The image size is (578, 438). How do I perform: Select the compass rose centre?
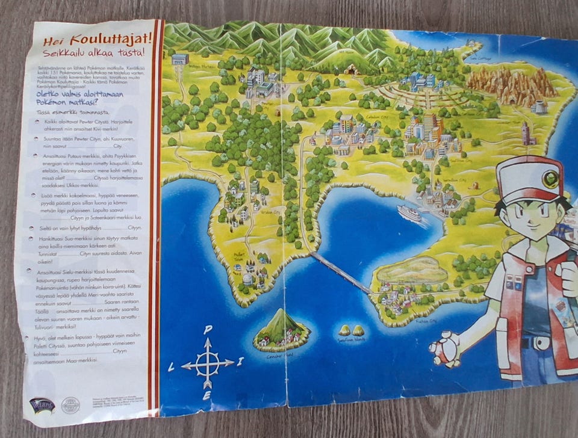(208, 363)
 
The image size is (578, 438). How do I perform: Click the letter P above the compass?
(208, 330)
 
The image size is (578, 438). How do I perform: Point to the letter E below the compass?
(207, 396)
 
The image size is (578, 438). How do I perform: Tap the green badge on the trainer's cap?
(550, 179)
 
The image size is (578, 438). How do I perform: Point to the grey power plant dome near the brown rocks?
(539, 107)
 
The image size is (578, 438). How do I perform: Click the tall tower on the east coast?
(526, 134)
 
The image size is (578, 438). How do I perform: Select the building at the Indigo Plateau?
(180, 59)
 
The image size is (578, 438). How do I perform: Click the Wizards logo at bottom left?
(42, 405)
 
